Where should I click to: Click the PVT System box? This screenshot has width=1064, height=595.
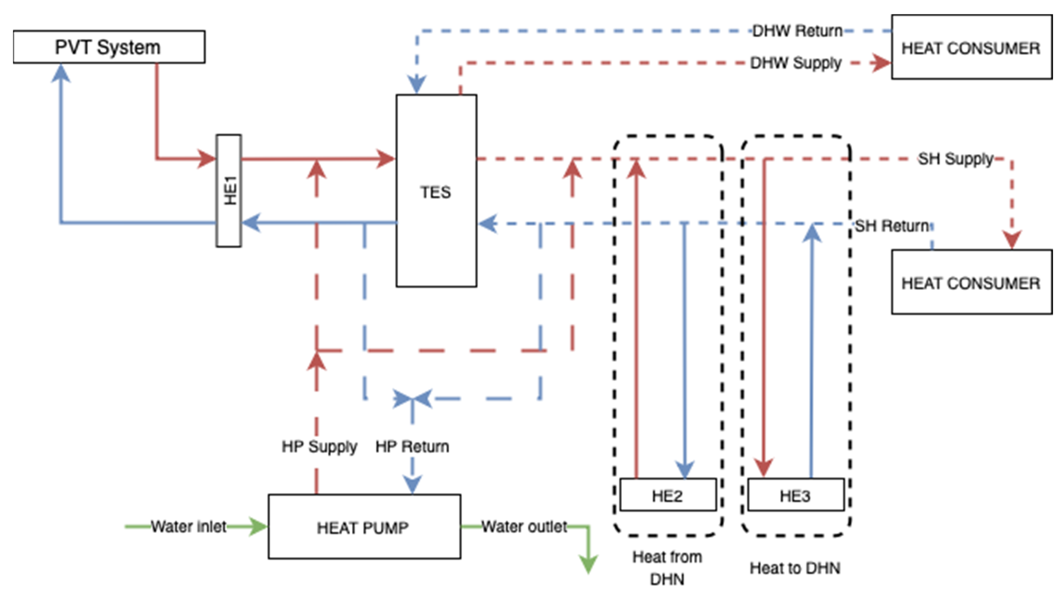tap(109, 47)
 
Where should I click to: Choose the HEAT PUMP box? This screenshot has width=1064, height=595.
tap(364, 526)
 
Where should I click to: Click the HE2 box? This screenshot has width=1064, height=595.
tap(668, 495)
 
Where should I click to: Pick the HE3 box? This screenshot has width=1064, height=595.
tap(796, 495)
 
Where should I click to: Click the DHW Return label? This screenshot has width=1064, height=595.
tap(797, 31)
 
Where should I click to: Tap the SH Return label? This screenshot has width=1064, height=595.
tap(892, 226)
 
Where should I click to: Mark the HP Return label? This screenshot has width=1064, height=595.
tap(412, 446)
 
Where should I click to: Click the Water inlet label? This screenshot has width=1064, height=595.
tap(188, 526)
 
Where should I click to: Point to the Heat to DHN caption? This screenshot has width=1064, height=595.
tap(795, 568)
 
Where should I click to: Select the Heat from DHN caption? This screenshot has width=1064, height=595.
tap(668, 568)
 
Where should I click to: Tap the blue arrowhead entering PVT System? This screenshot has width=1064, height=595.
tap(61, 73)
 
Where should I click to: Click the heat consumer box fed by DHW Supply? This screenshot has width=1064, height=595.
tap(972, 47)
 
